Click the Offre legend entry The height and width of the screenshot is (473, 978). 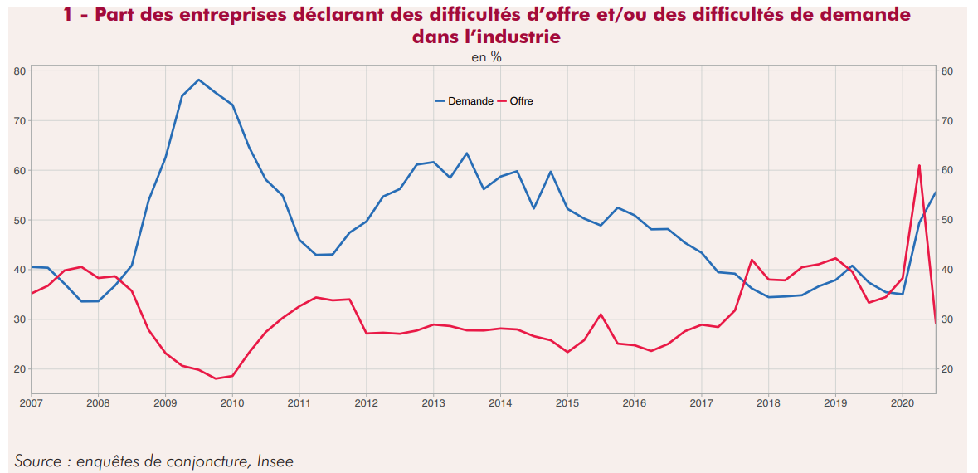tap(521, 101)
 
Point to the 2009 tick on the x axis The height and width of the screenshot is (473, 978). tap(165, 403)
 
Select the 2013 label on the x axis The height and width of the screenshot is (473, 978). tap(433, 403)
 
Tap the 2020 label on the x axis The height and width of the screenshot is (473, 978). tap(903, 403)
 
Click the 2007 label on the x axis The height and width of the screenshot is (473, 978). tap(32, 403)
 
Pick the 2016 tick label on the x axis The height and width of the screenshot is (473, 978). tap(635, 403)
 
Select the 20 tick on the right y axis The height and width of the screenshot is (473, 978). tap(947, 369)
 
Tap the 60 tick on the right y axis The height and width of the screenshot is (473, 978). tap(947, 170)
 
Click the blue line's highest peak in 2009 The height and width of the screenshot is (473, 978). tap(198, 80)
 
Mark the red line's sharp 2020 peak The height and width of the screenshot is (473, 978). tap(919, 165)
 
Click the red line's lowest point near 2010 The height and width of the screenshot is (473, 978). tap(216, 378)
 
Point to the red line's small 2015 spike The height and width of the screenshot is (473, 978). tap(601, 314)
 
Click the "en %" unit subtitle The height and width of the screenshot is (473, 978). tap(487, 57)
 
